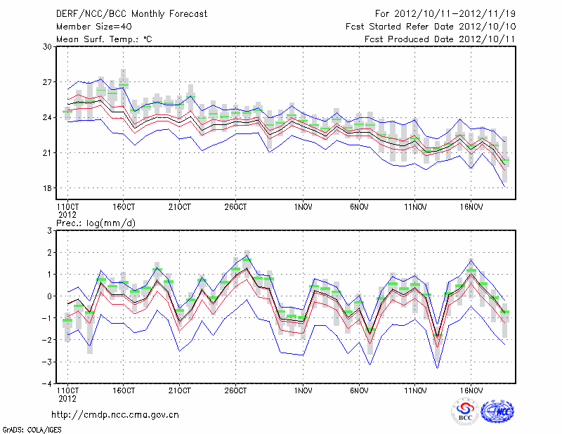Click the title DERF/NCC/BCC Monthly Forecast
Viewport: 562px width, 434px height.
pyautogui.click(x=131, y=14)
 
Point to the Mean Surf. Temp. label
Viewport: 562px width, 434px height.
pyautogui.click(x=104, y=39)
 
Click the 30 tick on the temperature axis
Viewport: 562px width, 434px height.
pyautogui.click(x=48, y=46)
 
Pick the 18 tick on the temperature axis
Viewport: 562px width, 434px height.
pyautogui.click(x=48, y=188)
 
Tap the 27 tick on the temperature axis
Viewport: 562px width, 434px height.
pyautogui.click(x=48, y=82)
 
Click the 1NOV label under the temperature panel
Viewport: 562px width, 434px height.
pyautogui.click(x=303, y=207)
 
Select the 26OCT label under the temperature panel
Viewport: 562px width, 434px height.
pyautogui.click(x=236, y=207)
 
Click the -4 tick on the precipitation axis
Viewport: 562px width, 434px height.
pyautogui.click(x=48, y=383)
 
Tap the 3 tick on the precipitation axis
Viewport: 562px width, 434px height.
pyautogui.click(x=50, y=230)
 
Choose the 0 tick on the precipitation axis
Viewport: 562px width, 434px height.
pyautogui.click(x=50, y=296)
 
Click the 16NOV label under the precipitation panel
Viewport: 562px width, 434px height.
pyautogui.click(x=471, y=390)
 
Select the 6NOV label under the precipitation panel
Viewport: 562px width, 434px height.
pyautogui.click(x=360, y=390)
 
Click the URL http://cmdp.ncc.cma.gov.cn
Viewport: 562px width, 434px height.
pyautogui.click(x=116, y=414)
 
